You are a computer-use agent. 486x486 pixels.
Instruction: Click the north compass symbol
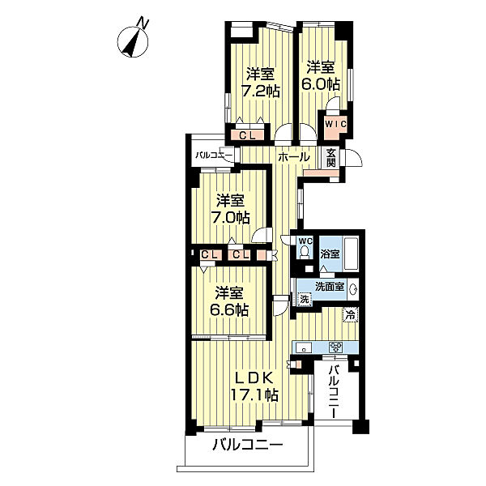point(134,40)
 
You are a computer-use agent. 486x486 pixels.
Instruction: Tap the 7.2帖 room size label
point(261,91)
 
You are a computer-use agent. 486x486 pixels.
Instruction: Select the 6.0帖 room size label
point(321,84)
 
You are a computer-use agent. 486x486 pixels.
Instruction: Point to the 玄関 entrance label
point(331,158)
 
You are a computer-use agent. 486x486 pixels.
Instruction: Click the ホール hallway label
point(294,157)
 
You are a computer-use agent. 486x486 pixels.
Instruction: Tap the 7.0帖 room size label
point(230,218)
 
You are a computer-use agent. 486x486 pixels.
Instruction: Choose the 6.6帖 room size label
point(229,309)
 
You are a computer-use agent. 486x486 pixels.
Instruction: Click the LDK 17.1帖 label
point(254,386)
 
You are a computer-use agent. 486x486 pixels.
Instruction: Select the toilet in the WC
point(305,251)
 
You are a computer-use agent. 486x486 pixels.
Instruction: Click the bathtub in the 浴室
point(352,254)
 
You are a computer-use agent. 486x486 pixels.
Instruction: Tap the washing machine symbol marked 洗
point(305,299)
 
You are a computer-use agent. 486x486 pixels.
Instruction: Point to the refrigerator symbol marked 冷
point(351,315)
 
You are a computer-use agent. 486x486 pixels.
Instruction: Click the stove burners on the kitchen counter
point(335,347)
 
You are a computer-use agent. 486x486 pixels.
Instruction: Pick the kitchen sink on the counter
point(304,347)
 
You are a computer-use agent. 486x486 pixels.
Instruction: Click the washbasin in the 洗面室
point(352,289)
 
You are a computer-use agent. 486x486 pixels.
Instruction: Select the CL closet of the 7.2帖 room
point(247,135)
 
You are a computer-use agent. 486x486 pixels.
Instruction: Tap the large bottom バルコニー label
point(248,446)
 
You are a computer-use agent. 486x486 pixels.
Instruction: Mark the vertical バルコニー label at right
point(334,392)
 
